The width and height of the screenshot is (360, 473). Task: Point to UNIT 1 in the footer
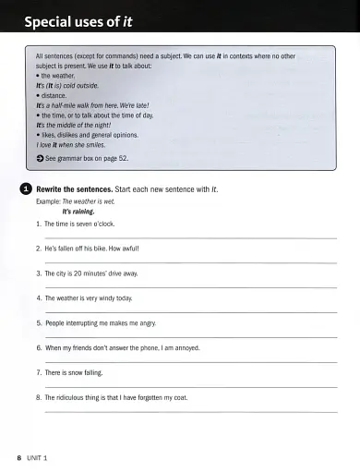38,458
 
